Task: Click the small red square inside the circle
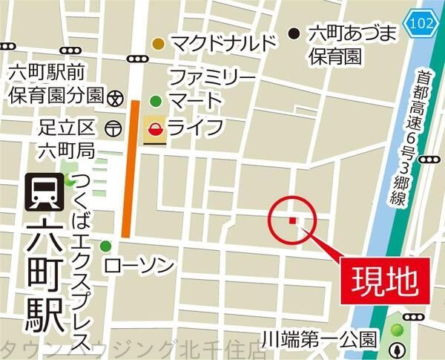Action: (292, 220)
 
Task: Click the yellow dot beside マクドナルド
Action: (158, 44)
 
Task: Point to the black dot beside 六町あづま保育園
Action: (294, 33)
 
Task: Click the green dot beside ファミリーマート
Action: (155, 101)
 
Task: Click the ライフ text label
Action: (195, 128)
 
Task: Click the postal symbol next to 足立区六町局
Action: (113, 128)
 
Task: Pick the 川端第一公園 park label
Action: (323, 340)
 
